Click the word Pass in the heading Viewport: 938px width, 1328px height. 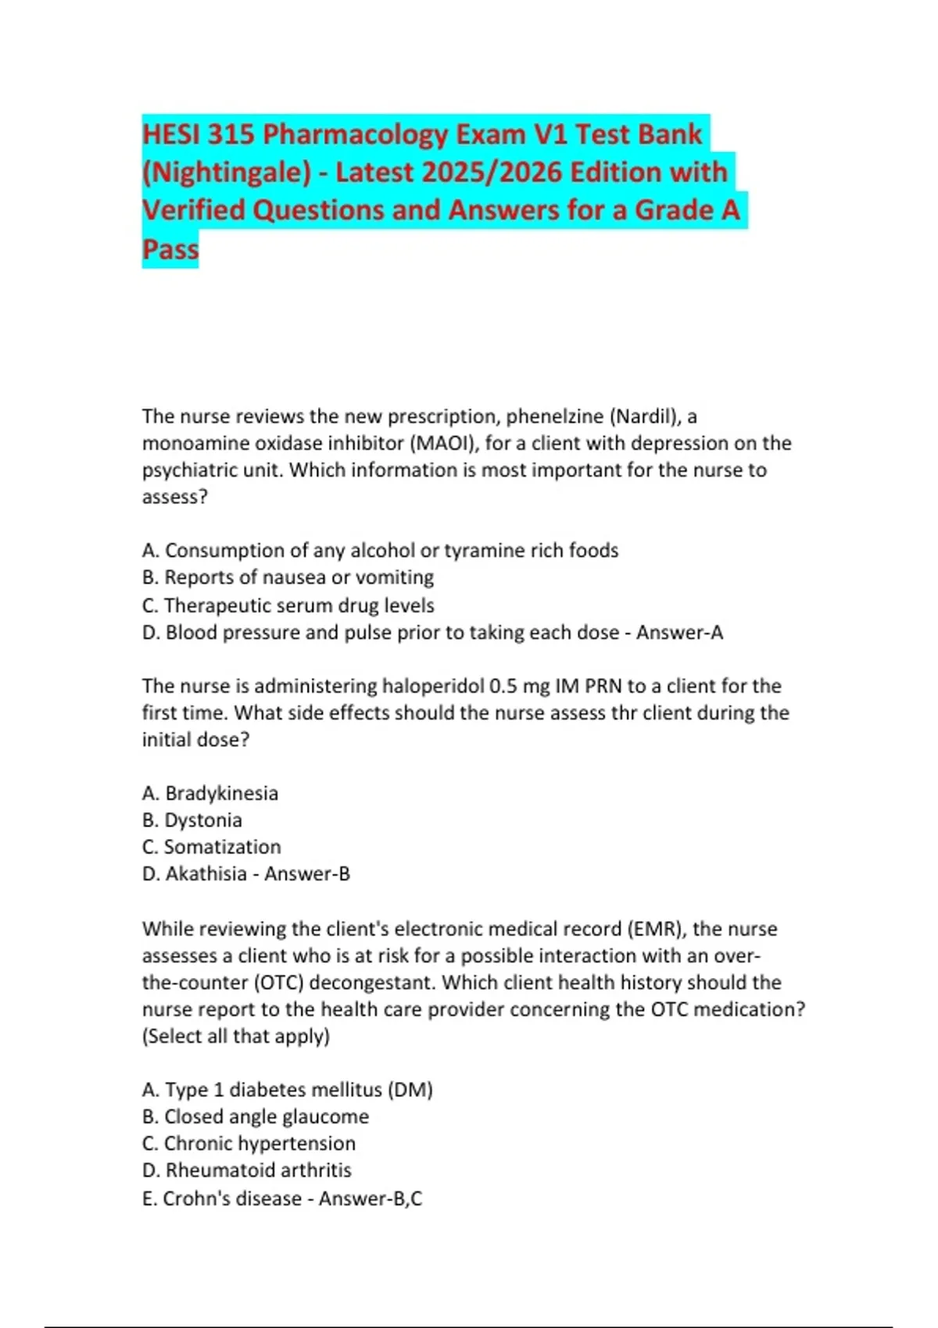click(170, 249)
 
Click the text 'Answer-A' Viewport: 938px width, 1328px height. click(679, 632)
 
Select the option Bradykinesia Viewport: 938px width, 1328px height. click(221, 794)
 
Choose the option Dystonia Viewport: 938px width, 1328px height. click(202, 820)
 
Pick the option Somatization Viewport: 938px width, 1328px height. click(222, 847)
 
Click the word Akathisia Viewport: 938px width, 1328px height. click(206, 873)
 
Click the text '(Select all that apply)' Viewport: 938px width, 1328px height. click(236, 1036)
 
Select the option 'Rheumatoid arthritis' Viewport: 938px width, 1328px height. click(258, 1170)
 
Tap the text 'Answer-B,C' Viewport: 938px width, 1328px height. click(370, 1198)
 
